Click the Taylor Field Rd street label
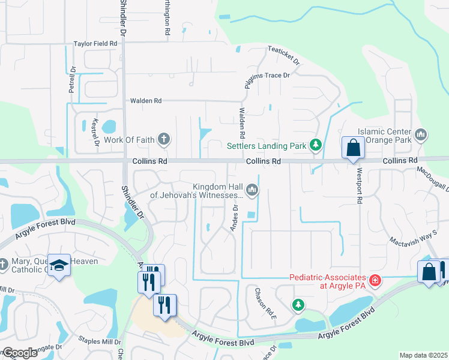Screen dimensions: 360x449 pos(95,44)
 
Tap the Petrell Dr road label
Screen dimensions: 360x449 pos(72,79)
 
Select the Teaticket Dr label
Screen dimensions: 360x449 pos(283,56)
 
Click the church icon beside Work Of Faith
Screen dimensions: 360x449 pos(164,140)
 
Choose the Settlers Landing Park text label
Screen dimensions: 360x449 pos(267,145)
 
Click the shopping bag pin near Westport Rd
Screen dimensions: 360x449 pos(353,148)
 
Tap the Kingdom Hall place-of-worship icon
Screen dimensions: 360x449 pos(253,190)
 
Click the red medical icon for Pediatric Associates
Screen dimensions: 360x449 pos(375,280)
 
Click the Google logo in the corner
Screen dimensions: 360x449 pos(20,353)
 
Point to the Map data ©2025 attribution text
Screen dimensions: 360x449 pos(423,355)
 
